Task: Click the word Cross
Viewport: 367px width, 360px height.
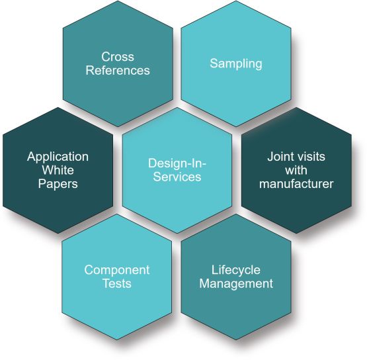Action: coord(118,57)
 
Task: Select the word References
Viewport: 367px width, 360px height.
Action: coord(118,70)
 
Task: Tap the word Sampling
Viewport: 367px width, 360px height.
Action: coord(236,64)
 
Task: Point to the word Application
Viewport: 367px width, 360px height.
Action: coord(58,157)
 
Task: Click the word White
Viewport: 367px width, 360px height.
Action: coord(58,170)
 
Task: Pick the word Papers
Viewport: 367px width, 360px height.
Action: coord(58,184)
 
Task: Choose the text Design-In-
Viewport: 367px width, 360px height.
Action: coord(177,163)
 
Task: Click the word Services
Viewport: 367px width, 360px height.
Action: coord(177,177)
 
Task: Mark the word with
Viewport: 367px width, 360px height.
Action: coord(296,170)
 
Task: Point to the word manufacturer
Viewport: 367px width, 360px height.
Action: coord(296,183)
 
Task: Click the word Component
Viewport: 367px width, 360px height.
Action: coord(117,270)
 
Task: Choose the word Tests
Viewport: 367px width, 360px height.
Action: coord(117,283)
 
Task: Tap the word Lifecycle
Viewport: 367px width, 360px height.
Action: coord(236,270)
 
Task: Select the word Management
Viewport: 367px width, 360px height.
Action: coord(236,283)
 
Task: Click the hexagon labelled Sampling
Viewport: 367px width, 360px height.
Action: coord(236,64)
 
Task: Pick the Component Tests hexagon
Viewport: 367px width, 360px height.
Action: coord(117,277)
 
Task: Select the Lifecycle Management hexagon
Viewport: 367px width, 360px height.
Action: coord(236,277)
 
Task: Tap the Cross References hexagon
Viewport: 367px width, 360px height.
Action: coord(118,64)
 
